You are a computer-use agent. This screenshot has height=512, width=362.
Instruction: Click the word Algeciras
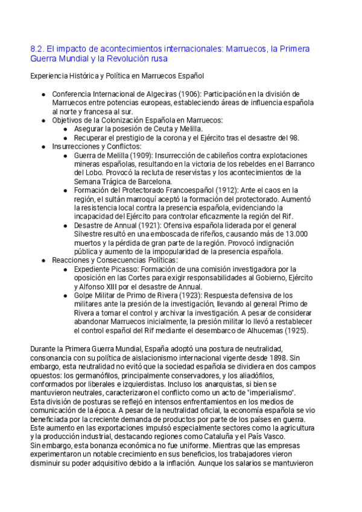[x=157, y=95]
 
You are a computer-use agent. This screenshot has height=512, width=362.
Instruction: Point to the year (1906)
[x=188, y=95]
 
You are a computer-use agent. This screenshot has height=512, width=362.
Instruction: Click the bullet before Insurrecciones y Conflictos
[x=43, y=147]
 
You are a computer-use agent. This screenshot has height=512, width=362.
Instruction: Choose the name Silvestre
[x=91, y=234]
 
